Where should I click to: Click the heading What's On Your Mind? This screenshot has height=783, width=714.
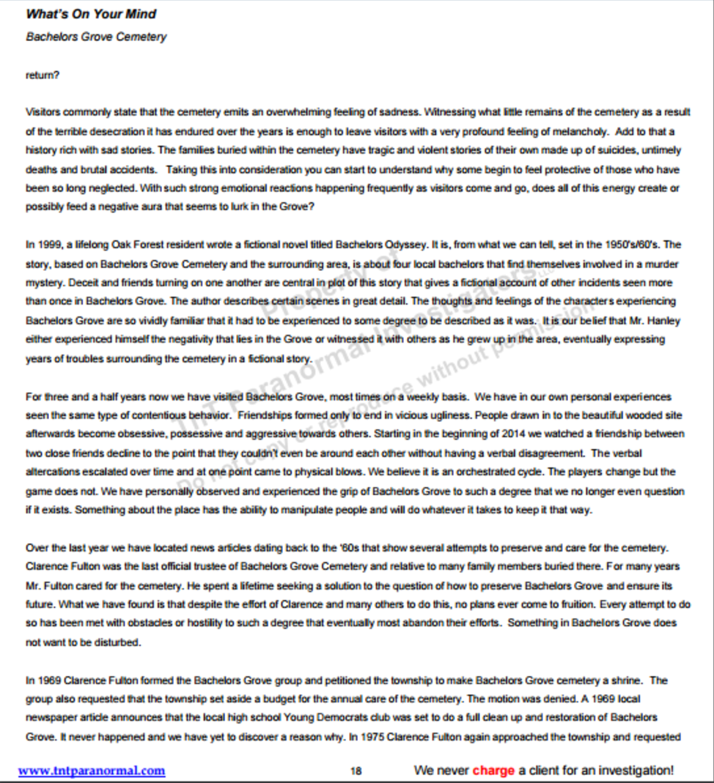pos(91,14)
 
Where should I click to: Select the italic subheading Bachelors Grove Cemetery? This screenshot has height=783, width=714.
pos(96,37)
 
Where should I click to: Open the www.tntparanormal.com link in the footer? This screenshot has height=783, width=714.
pos(92,771)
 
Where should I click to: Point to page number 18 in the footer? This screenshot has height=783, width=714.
pos(356,771)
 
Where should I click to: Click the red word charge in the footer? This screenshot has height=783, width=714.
pos(493,771)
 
